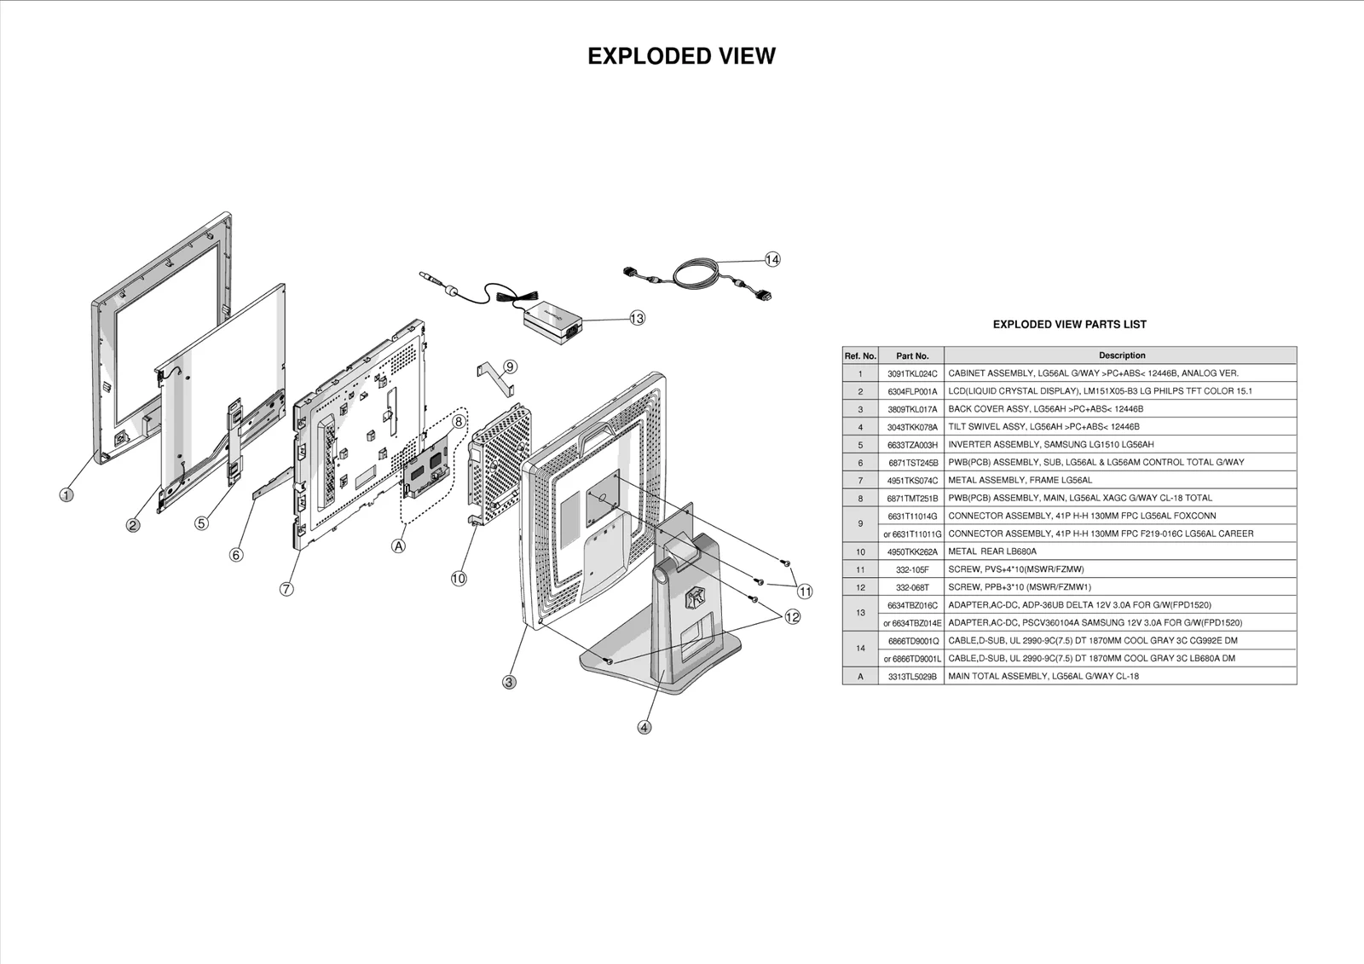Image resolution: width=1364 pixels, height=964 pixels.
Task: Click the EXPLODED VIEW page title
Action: coord(681,56)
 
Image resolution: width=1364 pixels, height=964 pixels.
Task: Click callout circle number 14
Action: coord(772,259)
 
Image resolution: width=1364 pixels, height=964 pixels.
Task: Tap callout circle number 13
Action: coord(637,318)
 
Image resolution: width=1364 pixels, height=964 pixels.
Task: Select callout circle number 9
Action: coord(510,367)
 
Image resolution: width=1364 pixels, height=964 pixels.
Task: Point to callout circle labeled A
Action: coord(398,546)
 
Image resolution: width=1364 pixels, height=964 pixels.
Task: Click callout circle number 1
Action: coord(66,494)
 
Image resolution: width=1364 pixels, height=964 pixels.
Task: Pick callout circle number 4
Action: coord(644,727)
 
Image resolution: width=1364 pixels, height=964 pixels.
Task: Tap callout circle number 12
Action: coord(793,617)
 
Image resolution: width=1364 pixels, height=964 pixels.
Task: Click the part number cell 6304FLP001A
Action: coord(911,391)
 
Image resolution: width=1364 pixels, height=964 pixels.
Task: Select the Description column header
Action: coord(1121,355)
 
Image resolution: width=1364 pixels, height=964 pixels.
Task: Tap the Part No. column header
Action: coord(911,355)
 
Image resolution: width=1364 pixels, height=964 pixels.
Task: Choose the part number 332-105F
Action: coord(911,569)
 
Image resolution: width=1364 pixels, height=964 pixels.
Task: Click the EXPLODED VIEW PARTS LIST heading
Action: coord(1069,324)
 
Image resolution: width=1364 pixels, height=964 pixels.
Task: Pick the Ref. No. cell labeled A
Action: coord(860,676)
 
